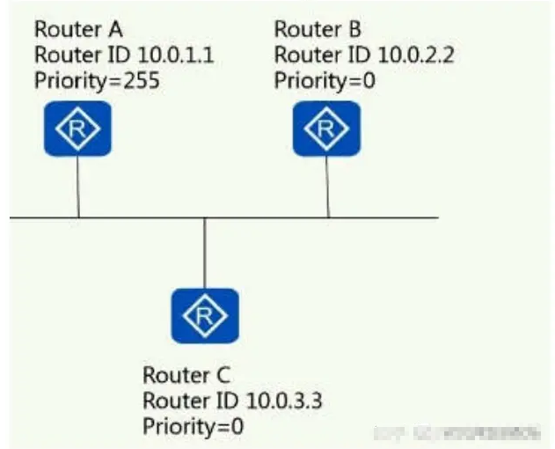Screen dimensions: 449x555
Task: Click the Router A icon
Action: pyautogui.click(x=79, y=129)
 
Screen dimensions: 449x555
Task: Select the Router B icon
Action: pyautogui.click(x=326, y=129)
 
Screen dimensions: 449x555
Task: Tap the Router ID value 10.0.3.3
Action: pyautogui.click(x=280, y=401)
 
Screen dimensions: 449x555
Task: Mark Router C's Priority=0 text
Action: pyautogui.click(x=193, y=427)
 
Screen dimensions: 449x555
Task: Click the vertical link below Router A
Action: pyautogui.click(x=78, y=187)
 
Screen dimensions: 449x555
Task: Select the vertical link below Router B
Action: pyautogui.click(x=328, y=187)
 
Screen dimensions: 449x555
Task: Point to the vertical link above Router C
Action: pyautogui.click(x=204, y=253)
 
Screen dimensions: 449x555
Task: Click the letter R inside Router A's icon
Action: pyautogui.click(x=79, y=129)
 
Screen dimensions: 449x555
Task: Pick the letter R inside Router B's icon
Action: pyautogui.click(x=326, y=129)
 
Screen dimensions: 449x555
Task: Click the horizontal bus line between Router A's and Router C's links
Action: pyautogui.click(x=141, y=217)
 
